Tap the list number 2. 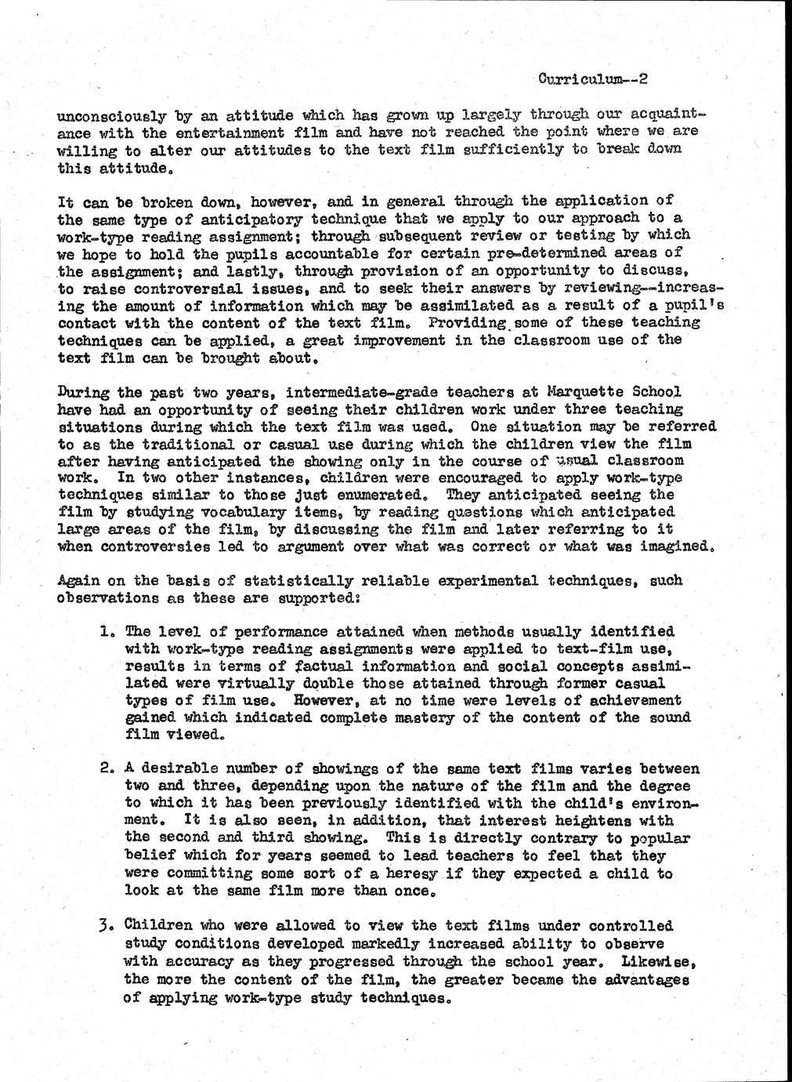pos(107,769)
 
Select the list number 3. pos(107,926)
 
